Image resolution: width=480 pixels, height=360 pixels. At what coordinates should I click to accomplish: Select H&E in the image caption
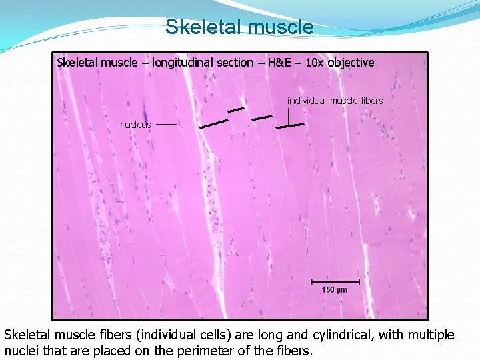pyautogui.click(x=279, y=63)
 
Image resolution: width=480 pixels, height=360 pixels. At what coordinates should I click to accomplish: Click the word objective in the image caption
pyautogui.click(x=350, y=63)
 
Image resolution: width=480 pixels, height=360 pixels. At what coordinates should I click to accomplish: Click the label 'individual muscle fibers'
pyautogui.click(x=335, y=101)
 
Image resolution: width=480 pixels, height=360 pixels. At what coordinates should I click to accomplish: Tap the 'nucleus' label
pyautogui.click(x=135, y=125)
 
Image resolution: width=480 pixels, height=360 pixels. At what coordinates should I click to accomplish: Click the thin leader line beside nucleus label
pyautogui.click(x=167, y=124)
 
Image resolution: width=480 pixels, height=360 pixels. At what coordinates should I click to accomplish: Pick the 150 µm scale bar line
pyautogui.click(x=335, y=281)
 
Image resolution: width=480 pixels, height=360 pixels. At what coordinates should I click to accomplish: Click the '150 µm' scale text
pyautogui.click(x=335, y=290)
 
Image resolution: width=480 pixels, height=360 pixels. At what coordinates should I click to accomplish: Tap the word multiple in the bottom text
pyautogui.click(x=429, y=335)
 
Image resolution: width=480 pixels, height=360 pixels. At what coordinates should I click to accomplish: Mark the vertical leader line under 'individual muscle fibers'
pyautogui.click(x=288, y=115)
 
